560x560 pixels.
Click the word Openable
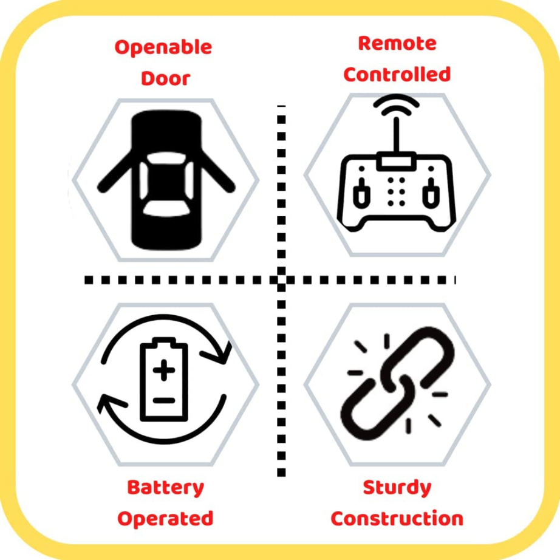coord(163,48)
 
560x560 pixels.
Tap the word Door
coord(165,78)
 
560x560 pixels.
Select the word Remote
coord(397,43)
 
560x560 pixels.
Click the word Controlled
coord(397,74)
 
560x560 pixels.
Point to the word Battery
coord(165,488)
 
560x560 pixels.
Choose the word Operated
coord(165,519)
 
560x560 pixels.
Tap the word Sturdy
coord(397,488)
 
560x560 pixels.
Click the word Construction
coord(397,519)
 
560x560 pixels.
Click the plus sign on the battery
coord(164,370)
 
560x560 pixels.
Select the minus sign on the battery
coord(164,401)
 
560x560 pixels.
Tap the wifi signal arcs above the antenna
coord(396,104)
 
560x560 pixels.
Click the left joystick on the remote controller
coord(361,193)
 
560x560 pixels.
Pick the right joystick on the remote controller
coord(431,193)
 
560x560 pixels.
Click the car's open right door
coord(217,171)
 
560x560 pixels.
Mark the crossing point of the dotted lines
coord(281,280)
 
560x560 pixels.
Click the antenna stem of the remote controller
coord(397,135)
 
